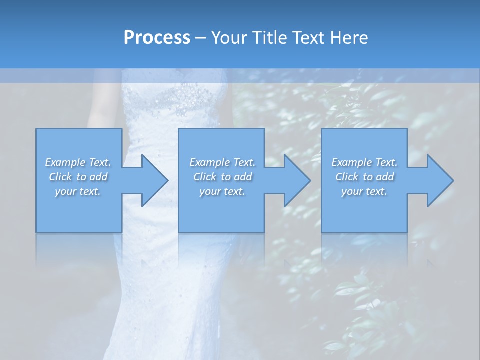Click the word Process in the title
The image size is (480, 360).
[157, 38]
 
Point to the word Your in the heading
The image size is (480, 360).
[227, 38]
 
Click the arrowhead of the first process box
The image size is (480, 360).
[152, 180]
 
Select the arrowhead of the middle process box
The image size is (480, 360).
[295, 180]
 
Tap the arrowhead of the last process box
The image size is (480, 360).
[438, 180]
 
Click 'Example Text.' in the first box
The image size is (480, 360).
[78, 162]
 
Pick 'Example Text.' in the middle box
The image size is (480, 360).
[222, 162]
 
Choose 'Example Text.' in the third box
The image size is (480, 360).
[364, 162]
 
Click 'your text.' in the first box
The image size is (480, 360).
[78, 191]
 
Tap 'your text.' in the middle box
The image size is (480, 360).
[222, 191]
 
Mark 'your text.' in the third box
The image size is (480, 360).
[364, 191]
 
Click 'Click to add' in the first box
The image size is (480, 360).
[78, 177]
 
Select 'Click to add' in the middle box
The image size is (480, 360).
[222, 177]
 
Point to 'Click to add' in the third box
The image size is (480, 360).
[364, 177]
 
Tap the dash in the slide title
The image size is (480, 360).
[200, 38]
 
